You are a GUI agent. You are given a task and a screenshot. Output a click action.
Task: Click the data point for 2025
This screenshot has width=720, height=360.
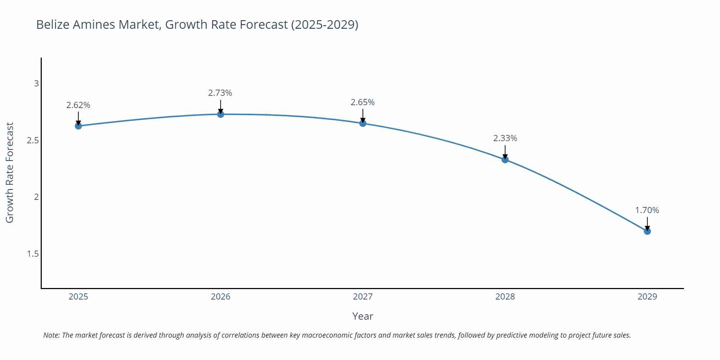click(x=78, y=126)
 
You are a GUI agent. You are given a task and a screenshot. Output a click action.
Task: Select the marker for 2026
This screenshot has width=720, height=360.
click(x=221, y=114)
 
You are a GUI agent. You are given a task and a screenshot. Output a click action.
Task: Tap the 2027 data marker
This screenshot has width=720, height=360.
click(x=363, y=123)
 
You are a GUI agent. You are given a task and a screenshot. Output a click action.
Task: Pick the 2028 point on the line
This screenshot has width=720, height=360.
click(x=505, y=159)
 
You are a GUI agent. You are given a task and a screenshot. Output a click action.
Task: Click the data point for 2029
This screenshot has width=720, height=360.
click(x=647, y=231)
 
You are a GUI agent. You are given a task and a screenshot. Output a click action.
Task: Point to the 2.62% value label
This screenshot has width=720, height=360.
click(x=78, y=105)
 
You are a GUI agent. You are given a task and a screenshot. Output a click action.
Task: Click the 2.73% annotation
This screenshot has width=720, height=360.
click(x=220, y=93)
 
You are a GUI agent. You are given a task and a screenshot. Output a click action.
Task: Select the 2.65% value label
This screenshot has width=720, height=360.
click(x=363, y=102)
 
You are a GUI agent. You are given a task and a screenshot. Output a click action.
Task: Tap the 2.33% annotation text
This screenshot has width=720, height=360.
click(x=505, y=138)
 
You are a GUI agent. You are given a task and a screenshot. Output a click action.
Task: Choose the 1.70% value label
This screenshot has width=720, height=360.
click(x=647, y=210)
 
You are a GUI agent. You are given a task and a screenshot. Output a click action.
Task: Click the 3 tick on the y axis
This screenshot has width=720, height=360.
click(x=36, y=84)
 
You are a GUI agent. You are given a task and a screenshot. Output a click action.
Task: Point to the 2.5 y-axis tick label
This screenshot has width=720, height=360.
click(x=33, y=140)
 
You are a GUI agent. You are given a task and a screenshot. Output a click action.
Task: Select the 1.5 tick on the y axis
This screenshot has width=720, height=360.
click(x=33, y=254)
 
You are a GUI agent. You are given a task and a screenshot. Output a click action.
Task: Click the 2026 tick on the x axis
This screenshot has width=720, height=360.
click(x=221, y=297)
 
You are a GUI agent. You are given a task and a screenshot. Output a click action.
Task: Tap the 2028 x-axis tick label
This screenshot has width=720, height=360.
click(x=505, y=297)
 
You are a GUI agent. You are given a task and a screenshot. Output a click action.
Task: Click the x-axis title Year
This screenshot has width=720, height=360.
click(x=363, y=316)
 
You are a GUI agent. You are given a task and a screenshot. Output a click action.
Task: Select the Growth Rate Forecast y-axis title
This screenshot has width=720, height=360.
click(x=10, y=172)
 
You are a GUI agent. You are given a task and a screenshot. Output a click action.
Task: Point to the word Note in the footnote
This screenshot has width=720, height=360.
click(x=51, y=335)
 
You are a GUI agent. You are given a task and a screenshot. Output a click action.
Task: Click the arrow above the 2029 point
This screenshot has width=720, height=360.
click(x=647, y=223)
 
